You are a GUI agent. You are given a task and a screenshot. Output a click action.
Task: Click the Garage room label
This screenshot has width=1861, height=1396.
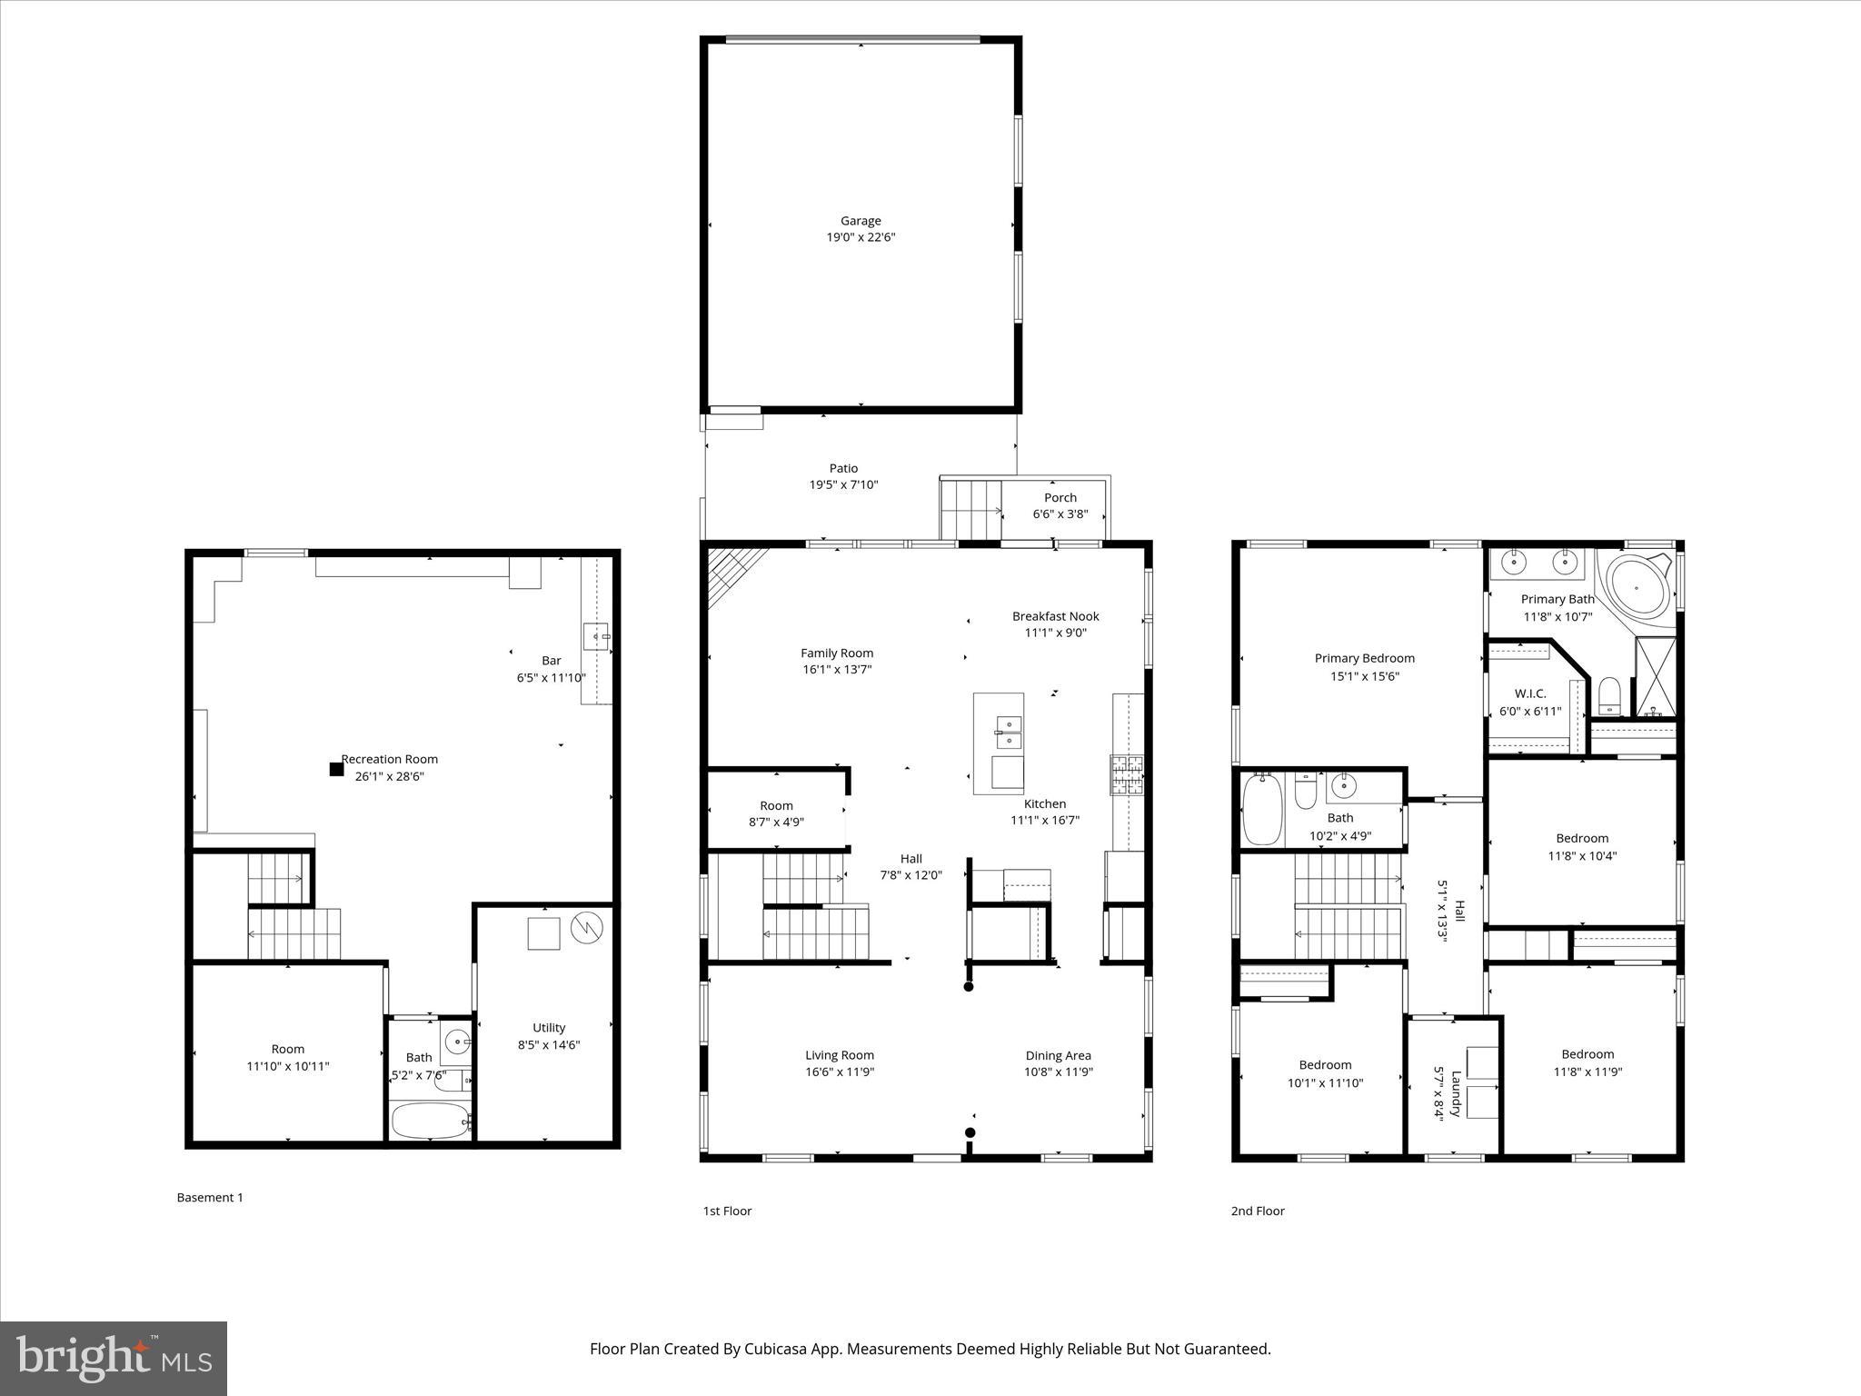tap(860, 221)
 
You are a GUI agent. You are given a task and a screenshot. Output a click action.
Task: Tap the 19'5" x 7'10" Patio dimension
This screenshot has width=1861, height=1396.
tap(843, 485)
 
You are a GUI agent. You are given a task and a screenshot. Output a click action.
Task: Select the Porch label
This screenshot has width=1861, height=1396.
tap(1060, 498)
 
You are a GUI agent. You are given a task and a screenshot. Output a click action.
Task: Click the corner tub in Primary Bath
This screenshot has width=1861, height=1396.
tap(1637, 588)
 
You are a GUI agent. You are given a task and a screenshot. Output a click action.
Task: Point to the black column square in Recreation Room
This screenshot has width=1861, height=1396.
tap(336, 769)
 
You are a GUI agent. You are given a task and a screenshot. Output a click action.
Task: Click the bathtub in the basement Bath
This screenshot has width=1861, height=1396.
tap(431, 1121)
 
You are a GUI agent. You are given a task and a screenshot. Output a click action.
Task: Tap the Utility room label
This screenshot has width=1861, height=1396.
tap(549, 1028)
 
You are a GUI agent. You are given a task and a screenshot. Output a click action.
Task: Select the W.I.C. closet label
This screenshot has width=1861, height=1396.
tap(1530, 693)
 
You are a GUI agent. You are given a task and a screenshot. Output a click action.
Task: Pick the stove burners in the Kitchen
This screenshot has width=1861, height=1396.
tap(1126, 775)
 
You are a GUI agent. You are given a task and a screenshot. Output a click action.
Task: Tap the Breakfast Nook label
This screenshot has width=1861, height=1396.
tap(1055, 616)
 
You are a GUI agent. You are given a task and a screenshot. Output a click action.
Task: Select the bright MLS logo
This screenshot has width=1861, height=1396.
tap(114, 1359)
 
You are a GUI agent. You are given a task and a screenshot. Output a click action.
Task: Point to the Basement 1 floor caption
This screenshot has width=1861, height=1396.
tap(210, 1198)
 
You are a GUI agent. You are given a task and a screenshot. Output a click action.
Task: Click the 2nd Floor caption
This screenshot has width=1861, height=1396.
tap(1258, 1211)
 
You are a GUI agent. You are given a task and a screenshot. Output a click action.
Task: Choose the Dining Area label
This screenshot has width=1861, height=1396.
tap(1058, 1055)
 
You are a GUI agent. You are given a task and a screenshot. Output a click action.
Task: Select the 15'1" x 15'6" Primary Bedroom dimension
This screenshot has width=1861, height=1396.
tap(1364, 676)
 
